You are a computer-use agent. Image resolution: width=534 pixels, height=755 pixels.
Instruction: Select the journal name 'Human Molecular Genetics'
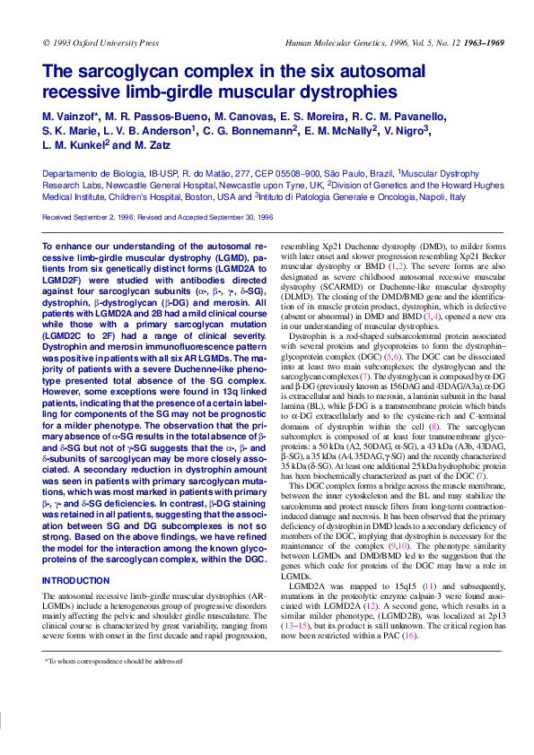[331, 42]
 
